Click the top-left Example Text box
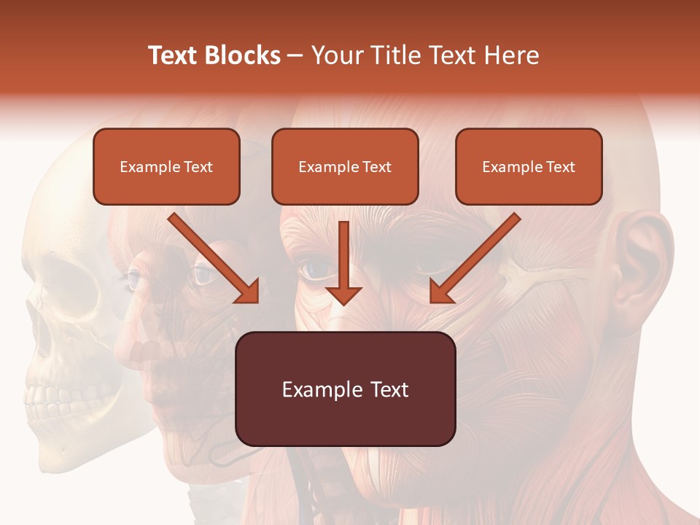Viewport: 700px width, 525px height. coord(166,166)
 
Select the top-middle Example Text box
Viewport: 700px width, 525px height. coord(345,166)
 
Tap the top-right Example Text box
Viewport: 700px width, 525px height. coord(529,166)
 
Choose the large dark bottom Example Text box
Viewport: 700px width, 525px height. coord(345,389)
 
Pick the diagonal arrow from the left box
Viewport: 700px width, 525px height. coord(212,257)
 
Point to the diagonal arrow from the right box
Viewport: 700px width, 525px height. coord(475,257)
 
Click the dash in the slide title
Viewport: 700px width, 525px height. coord(296,55)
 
